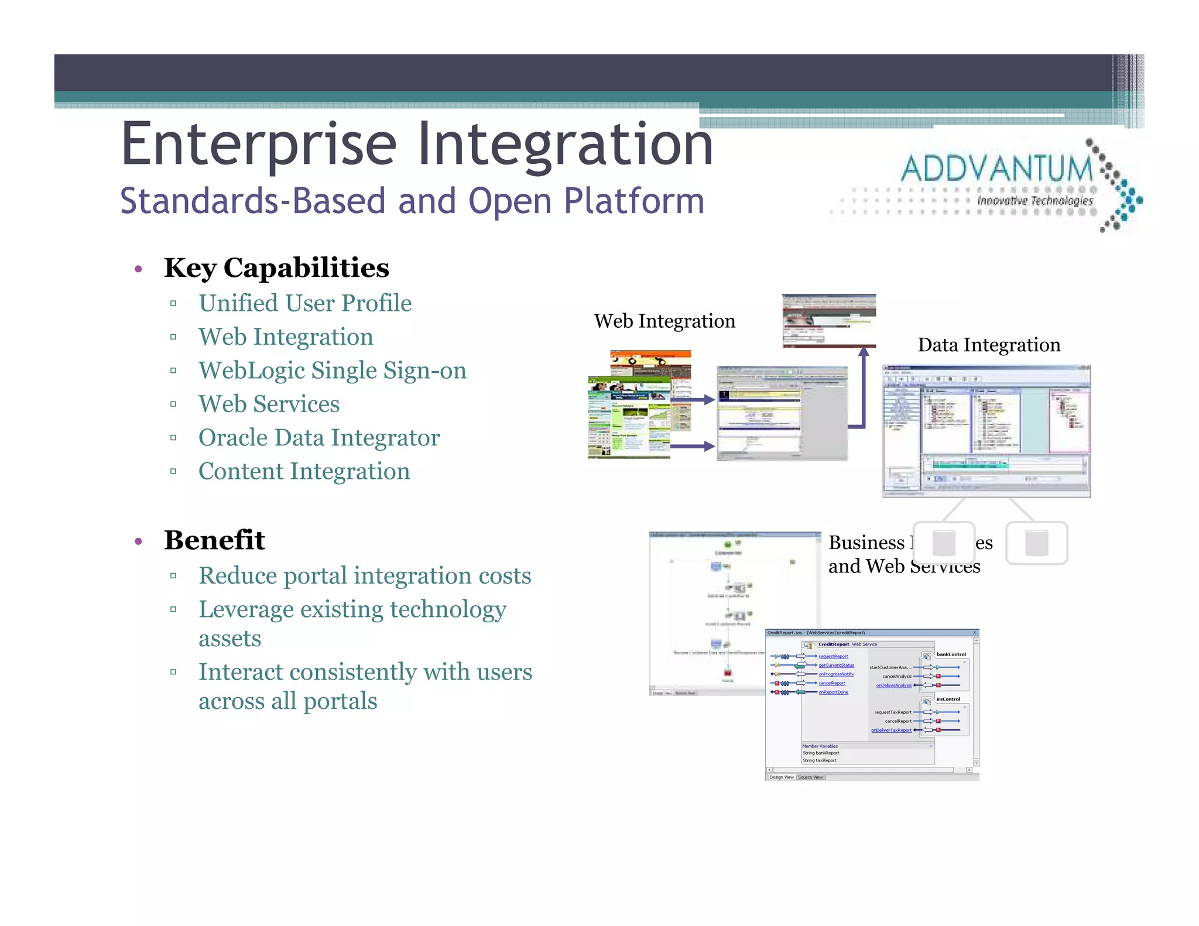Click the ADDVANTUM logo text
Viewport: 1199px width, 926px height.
996,170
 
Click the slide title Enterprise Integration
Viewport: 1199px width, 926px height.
417,145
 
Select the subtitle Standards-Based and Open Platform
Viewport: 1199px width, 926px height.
412,201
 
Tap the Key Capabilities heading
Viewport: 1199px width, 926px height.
276,268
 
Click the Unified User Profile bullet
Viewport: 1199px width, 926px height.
305,303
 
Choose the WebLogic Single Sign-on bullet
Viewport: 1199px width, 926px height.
332,371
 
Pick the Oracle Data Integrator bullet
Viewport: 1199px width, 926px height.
319,438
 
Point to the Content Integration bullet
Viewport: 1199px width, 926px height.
304,472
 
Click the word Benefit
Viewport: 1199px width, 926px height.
214,540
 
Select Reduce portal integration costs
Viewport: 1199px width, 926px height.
365,576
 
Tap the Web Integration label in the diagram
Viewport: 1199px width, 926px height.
664,321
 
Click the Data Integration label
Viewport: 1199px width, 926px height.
989,345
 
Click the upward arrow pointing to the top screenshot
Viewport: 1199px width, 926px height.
864,380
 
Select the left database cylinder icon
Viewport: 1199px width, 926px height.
944,543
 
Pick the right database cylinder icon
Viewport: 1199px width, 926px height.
1036,543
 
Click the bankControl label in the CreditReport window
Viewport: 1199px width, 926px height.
951,654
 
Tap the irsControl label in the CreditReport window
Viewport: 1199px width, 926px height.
948,699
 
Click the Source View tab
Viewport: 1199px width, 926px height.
810,777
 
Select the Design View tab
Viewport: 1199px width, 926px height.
781,777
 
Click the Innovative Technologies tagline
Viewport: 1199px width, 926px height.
1034,201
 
